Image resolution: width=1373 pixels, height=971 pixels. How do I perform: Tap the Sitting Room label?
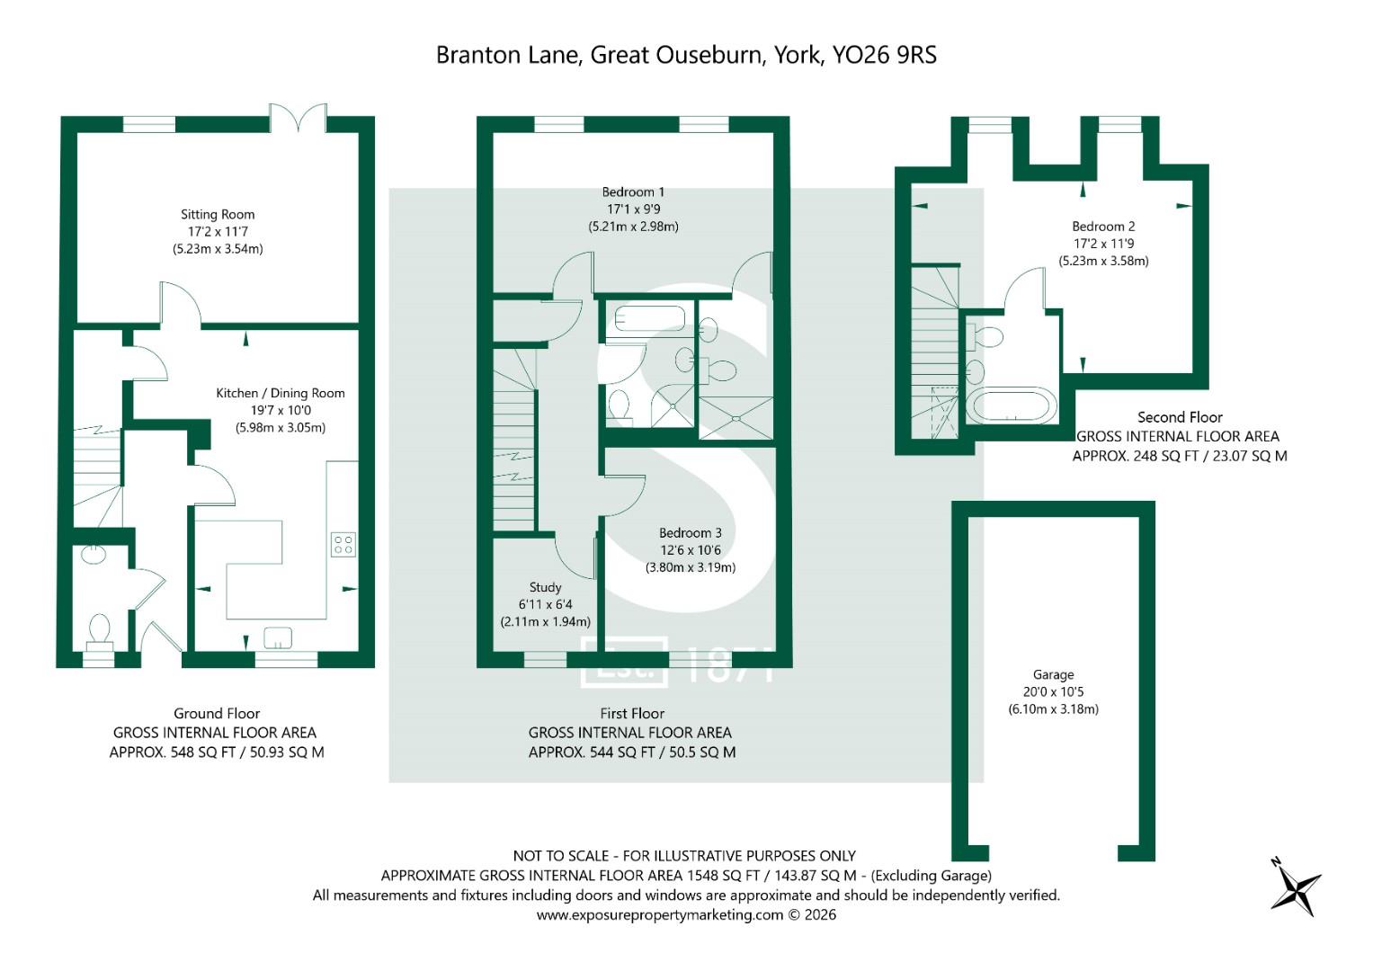218,214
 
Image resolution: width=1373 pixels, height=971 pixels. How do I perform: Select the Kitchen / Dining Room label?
280,393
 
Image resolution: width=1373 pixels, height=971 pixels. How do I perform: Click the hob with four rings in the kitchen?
343,544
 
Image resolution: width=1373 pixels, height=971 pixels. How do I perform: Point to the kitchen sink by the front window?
278,638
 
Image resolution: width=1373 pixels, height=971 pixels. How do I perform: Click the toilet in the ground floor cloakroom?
99,629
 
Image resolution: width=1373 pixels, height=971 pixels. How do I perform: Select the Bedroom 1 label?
633,192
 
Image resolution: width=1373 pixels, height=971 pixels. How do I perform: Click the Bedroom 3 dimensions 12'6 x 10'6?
690,550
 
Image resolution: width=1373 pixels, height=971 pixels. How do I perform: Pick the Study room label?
545,587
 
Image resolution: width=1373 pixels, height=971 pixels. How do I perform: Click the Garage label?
1053,674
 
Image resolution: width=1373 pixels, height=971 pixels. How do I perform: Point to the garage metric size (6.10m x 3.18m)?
1053,708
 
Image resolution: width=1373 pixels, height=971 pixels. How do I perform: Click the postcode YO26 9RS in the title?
884,55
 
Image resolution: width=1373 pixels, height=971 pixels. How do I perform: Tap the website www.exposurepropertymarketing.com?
660,915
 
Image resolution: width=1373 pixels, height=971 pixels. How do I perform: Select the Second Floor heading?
1180,417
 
